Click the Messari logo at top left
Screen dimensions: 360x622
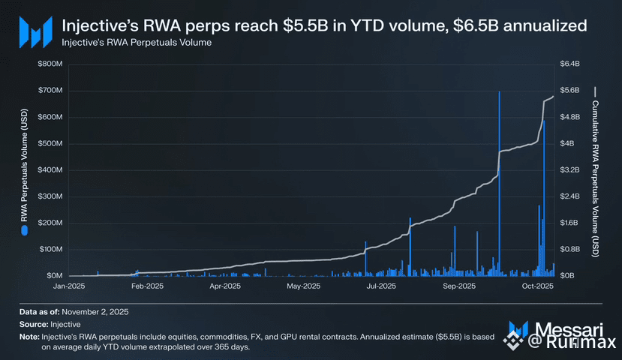click(34, 31)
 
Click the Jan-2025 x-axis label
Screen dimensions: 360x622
click(69, 286)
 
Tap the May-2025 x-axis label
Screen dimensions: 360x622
click(305, 286)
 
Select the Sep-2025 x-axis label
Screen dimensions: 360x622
click(459, 286)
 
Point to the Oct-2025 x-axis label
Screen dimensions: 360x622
click(537, 286)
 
